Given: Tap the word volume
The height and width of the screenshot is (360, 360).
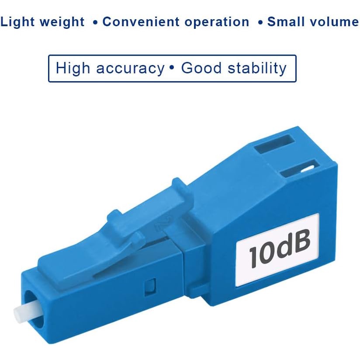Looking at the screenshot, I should (x=334, y=21).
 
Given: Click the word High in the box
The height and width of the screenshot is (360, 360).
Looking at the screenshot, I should (x=73, y=68).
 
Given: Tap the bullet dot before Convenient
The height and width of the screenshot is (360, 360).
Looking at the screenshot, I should (x=95, y=22).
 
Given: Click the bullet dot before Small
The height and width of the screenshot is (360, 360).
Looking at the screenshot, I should (x=260, y=22).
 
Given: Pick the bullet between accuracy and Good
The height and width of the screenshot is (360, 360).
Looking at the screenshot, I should (x=171, y=68).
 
